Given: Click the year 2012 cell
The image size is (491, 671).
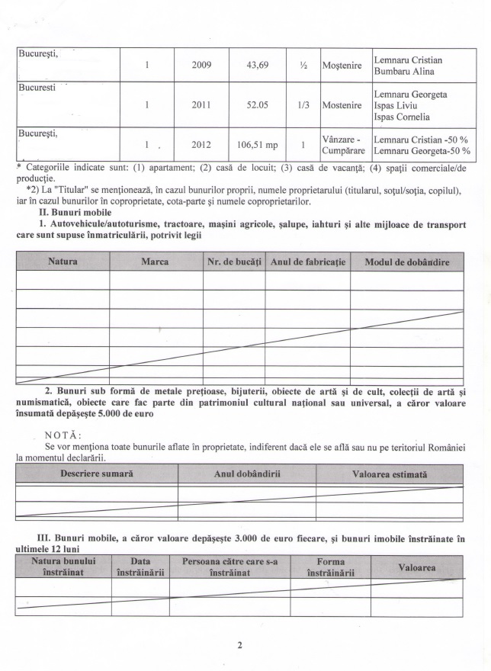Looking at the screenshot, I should tap(202, 143).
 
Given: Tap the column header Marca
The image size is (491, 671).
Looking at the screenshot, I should tap(156, 262).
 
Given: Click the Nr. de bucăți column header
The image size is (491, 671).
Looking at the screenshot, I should tap(234, 262).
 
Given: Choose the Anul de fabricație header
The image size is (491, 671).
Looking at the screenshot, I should tap(308, 262).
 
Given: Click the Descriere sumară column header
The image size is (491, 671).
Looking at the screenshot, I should tap(96, 474).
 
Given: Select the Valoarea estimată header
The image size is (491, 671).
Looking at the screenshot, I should tap(389, 474).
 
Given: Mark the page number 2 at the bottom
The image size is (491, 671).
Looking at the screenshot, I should tap(239, 646).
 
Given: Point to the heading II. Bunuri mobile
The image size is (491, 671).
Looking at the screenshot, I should tap(70, 211).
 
